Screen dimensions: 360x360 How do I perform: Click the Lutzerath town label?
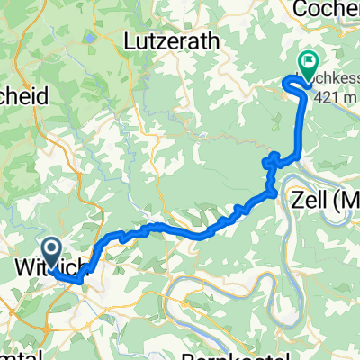pyautogui.click(x=167, y=43)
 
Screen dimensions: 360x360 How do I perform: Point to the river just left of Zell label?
pyautogui.click(x=277, y=200)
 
